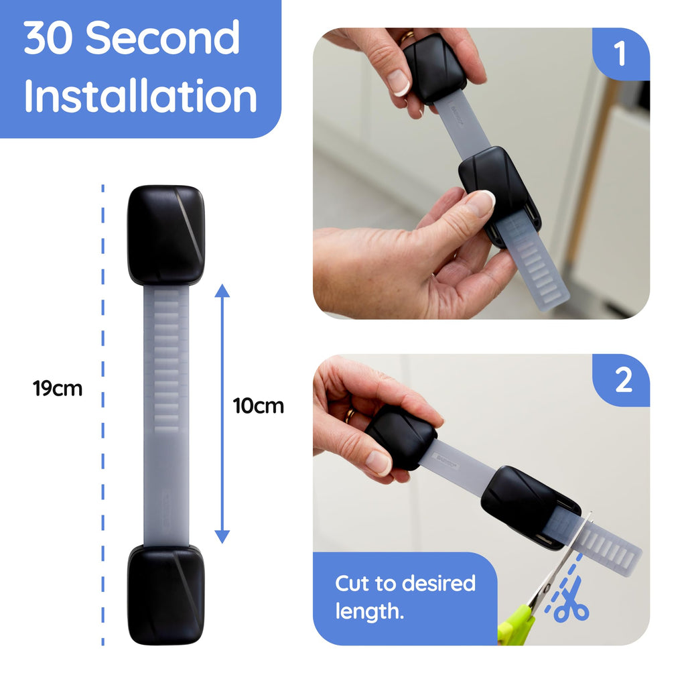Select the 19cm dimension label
coord(58,388)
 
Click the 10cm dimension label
coord(259,405)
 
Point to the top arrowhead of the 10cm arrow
coord(222,291)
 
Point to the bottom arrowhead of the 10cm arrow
coord(222,536)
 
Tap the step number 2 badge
coord(622,381)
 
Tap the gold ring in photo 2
coord(350,416)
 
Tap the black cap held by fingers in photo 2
coord(402,436)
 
